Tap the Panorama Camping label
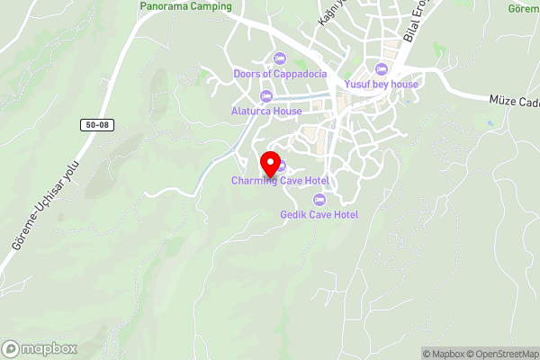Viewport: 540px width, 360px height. click(186, 6)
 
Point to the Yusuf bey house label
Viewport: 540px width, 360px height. click(382, 85)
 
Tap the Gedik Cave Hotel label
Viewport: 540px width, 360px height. click(319, 214)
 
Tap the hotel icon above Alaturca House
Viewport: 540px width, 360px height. click(265, 96)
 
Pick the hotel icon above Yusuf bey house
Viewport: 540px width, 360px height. click(382, 69)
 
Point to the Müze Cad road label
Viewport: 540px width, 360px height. click(514, 100)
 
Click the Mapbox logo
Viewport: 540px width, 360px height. click(40, 348)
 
